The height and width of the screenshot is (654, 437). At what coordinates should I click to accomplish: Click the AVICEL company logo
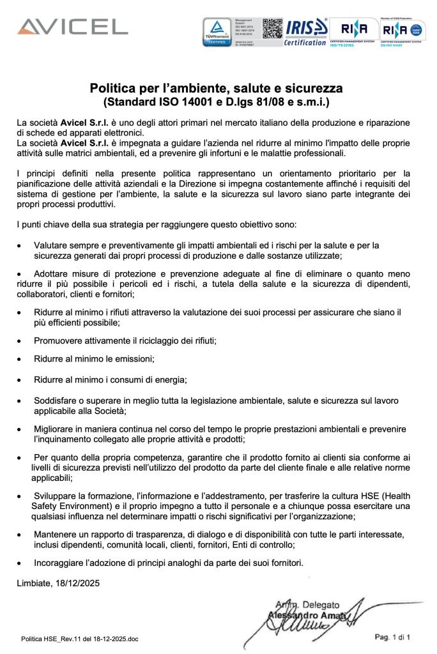(72, 27)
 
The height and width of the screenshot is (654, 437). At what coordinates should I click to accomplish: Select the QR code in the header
(273, 29)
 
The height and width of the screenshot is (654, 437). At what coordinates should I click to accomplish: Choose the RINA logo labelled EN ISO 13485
(401, 31)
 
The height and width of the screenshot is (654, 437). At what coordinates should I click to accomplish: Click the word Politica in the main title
(112, 87)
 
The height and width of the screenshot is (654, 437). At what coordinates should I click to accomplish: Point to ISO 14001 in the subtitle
(172, 101)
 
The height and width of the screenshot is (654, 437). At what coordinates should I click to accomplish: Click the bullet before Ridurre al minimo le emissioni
(20, 360)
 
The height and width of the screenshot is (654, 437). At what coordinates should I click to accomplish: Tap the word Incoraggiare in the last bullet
(59, 563)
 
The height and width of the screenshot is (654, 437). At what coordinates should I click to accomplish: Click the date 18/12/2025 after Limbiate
(78, 582)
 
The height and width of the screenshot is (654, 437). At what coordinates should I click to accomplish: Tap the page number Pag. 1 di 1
(392, 637)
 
